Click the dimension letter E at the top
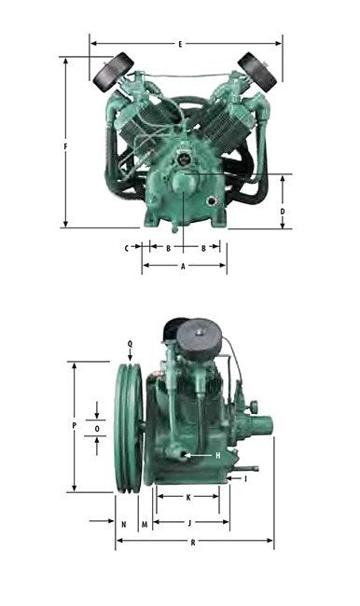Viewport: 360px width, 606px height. [180, 44]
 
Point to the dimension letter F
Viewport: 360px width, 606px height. [65, 147]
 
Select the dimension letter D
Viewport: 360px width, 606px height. [283, 212]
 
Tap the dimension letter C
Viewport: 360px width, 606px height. [127, 248]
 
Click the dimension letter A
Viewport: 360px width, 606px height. [184, 267]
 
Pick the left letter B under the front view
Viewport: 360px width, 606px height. [168, 248]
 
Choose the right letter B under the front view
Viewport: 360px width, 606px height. [203, 248]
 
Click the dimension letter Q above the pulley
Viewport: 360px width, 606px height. [130, 344]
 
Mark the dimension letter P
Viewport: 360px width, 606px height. [75, 425]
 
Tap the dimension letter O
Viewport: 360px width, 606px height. [97, 429]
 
